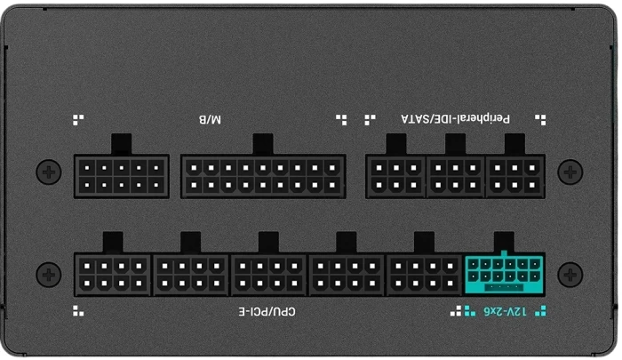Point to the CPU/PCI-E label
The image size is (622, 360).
[267, 312]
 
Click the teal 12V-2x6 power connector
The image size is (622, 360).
[504, 275]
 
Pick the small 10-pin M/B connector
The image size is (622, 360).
[122, 176]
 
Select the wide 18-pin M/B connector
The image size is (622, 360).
[262, 176]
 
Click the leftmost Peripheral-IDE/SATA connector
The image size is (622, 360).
[396, 176]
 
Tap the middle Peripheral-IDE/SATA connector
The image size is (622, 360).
[456, 176]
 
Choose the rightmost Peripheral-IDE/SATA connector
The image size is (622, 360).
[514, 176]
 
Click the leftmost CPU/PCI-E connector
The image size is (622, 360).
[113, 275]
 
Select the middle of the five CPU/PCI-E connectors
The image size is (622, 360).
[269, 275]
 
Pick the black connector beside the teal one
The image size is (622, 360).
[425, 275]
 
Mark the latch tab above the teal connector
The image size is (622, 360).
[504, 242]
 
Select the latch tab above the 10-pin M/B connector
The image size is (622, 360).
[122, 144]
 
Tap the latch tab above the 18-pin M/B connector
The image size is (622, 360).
[262, 144]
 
